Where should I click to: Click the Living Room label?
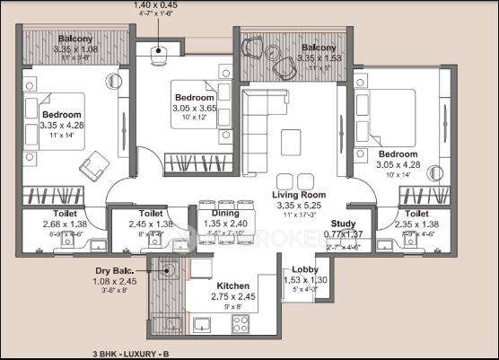point(300,194)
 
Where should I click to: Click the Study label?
point(343,224)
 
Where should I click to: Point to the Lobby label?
point(300,269)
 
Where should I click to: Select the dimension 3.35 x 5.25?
point(300,205)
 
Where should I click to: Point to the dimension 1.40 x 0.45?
point(155,5)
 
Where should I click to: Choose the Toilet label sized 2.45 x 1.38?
point(150,214)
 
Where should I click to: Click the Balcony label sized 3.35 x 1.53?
point(319,47)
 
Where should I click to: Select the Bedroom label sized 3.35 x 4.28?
point(61,115)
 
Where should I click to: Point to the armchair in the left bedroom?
point(93,165)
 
